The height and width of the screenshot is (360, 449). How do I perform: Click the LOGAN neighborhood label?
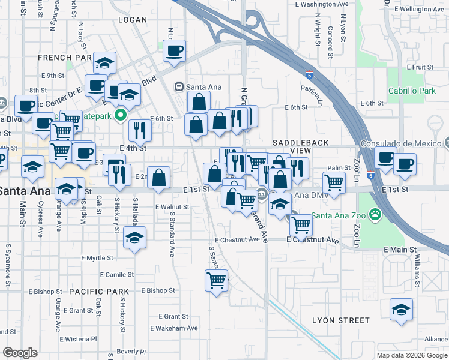(133, 20)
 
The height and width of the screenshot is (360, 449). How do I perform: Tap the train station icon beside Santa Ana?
(178, 87)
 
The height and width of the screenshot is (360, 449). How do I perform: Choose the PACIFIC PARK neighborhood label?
(98, 291)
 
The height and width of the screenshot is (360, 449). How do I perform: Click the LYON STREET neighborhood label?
(341, 320)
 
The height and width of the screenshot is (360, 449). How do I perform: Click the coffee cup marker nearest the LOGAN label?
(175, 50)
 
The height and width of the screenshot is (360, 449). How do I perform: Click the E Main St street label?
(400, 249)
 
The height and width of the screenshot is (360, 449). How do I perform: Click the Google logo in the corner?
(20, 353)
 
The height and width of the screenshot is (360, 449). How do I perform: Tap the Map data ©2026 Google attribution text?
(411, 355)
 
